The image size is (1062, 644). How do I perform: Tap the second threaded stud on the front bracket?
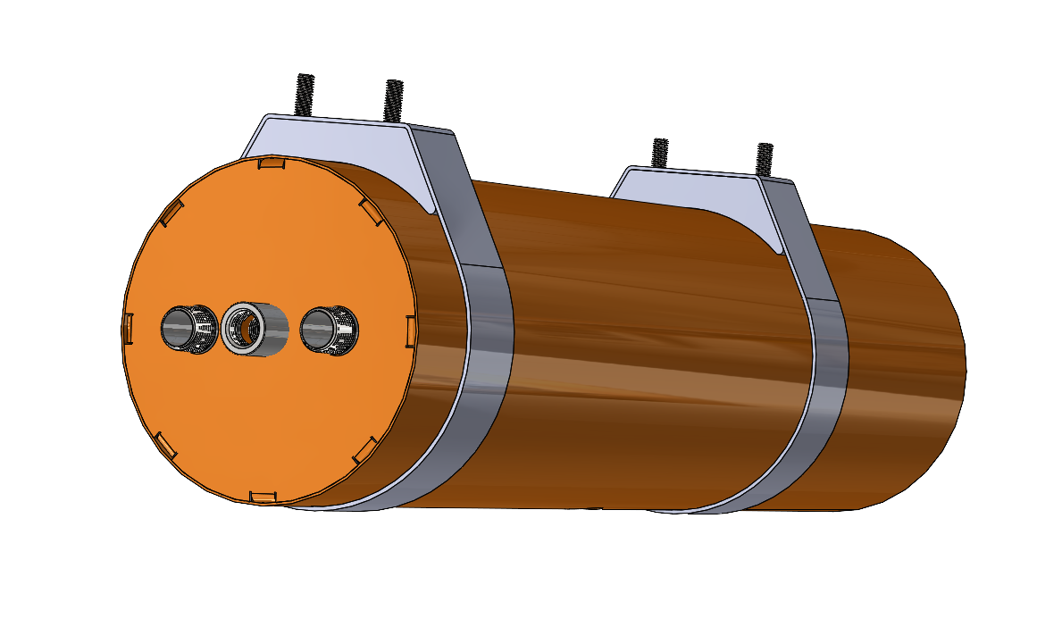(394, 99)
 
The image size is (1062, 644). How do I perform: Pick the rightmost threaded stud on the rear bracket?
(764, 158)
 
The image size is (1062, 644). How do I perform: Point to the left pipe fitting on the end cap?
(188, 329)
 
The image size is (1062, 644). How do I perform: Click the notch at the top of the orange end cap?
(270, 163)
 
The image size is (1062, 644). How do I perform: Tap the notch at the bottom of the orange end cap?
(263, 495)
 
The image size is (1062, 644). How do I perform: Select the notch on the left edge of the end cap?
(128, 327)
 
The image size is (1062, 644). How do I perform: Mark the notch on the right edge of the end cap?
(410, 328)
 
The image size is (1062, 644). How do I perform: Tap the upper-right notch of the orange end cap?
(369, 209)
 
